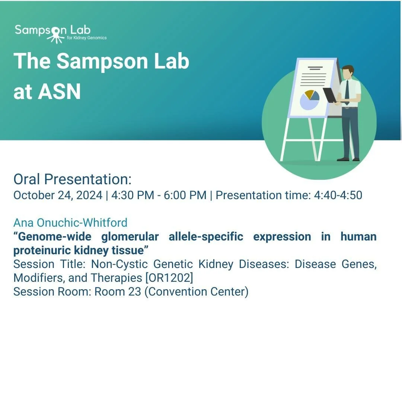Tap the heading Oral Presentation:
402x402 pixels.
pyautogui.click(x=73, y=179)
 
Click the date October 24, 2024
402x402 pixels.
pyautogui.click(x=58, y=195)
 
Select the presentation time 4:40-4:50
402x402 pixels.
pyautogui.click(x=338, y=195)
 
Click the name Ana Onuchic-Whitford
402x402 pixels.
pyautogui.click(x=70, y=223)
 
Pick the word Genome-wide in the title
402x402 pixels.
pyautogui.click(x=52, y=237)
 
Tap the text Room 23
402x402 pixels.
pyautogui.click(x=118, y=291)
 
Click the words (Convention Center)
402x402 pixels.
pyautogui.click(x=196, y=291)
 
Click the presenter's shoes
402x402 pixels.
pyautogui.click(x=348, y=159)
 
